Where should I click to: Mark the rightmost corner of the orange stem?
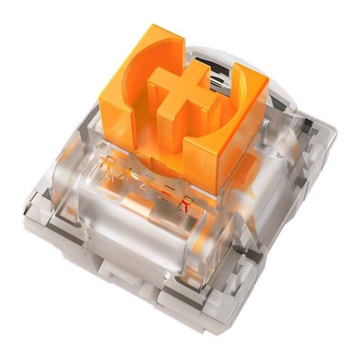pyautogui.click(x=268, y=81)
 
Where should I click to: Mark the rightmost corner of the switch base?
pyautogui.click(x=337, y=130)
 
